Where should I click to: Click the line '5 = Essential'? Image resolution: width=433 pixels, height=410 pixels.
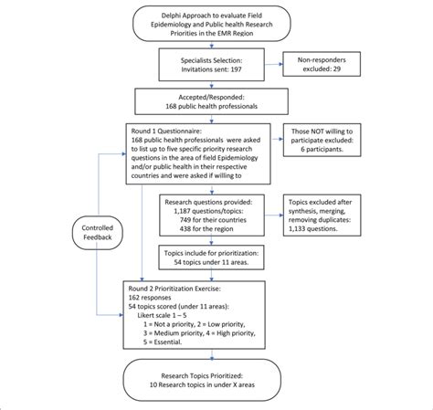tap(164, 342)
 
